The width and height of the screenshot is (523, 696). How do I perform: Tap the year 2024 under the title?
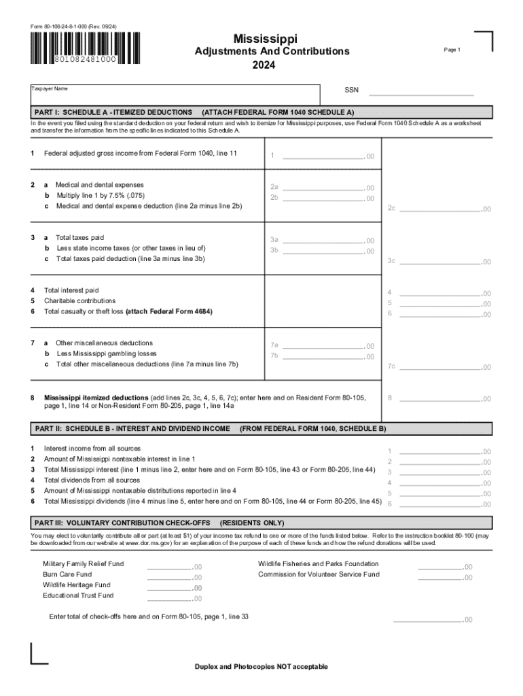click(x=264, y=65)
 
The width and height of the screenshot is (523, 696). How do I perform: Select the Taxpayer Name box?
click(x=175, y=94)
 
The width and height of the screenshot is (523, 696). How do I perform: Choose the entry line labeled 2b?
click(x=323, y=198)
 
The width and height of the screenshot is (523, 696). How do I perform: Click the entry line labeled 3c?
click(x=440, y=260)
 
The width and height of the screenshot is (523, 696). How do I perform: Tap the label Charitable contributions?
click(x=79, y=300)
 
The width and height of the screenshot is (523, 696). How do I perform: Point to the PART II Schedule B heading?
click(x=132, y=429)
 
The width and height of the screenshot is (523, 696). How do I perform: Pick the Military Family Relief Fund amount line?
click(x=169, y=566)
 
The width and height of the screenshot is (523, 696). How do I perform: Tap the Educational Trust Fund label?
click(x=78, y=595)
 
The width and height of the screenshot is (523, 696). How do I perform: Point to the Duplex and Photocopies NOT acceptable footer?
click(x=261, y=666)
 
